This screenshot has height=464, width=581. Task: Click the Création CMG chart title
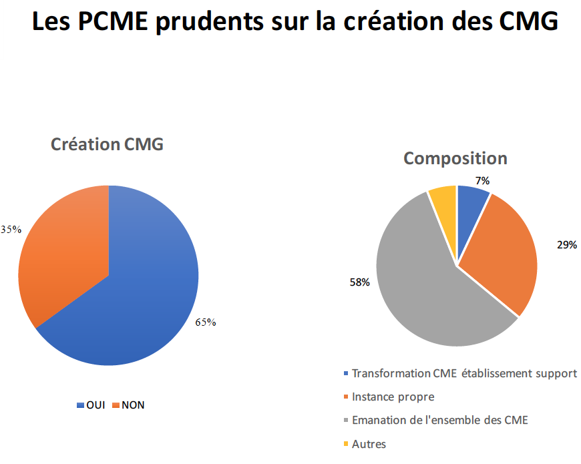[x=108, y=144]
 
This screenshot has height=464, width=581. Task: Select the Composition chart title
[x=455, y=158]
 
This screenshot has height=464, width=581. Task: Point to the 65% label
[x=206, y=322]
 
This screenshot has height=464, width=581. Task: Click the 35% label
[x=11, y=230]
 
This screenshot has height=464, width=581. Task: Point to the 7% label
[x=483, y=180]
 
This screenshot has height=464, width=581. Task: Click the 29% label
[x=567, y=245]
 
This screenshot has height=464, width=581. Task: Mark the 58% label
[x=359, y=282]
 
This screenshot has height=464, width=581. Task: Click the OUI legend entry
[x=91, y=405]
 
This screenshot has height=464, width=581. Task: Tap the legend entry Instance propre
[x=392, y=397]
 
